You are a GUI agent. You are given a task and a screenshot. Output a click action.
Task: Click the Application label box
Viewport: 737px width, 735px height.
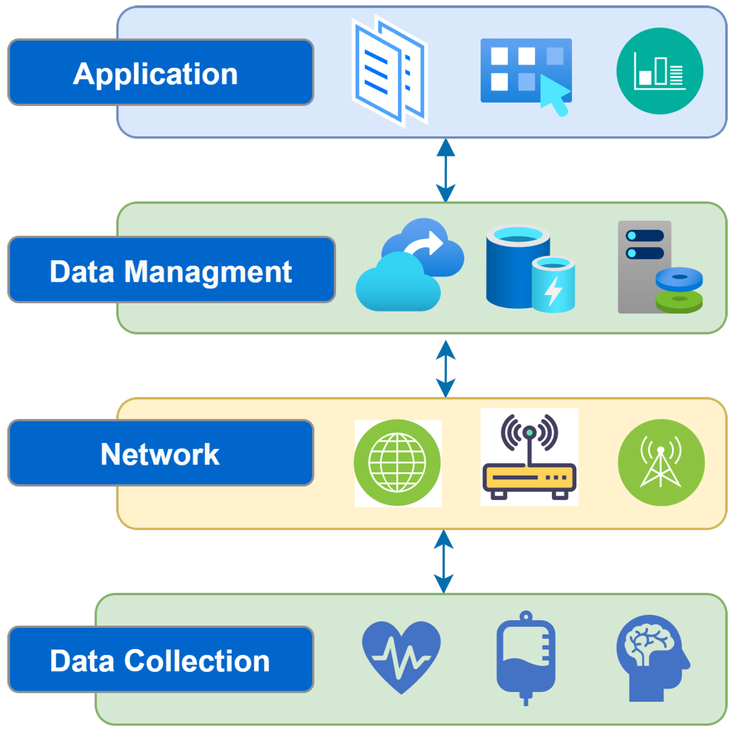(161, 72)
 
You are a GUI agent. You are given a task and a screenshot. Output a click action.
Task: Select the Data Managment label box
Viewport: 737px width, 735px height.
(171, 270)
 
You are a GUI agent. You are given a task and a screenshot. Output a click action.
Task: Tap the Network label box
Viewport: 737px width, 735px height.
(161, 453)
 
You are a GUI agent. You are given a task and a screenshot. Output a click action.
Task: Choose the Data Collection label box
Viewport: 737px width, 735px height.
(161, 659)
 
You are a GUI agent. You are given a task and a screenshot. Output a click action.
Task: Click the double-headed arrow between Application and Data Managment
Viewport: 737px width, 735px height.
(445, 170)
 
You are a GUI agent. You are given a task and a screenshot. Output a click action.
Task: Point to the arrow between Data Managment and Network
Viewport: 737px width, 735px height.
(445, 369)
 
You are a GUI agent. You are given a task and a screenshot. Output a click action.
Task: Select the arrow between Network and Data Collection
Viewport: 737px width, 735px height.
(443, 562)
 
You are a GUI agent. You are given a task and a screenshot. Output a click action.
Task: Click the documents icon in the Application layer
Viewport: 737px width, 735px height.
(389, 72)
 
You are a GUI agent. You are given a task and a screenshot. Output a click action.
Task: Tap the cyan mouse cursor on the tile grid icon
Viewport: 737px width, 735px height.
(556, 95)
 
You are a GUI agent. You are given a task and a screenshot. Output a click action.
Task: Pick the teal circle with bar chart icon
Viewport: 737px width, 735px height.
(659, 71)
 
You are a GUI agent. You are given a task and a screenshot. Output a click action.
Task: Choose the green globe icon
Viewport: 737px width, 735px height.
(397, 462)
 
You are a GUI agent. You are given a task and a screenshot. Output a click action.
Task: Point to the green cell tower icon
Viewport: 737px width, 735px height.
(661, 462)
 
